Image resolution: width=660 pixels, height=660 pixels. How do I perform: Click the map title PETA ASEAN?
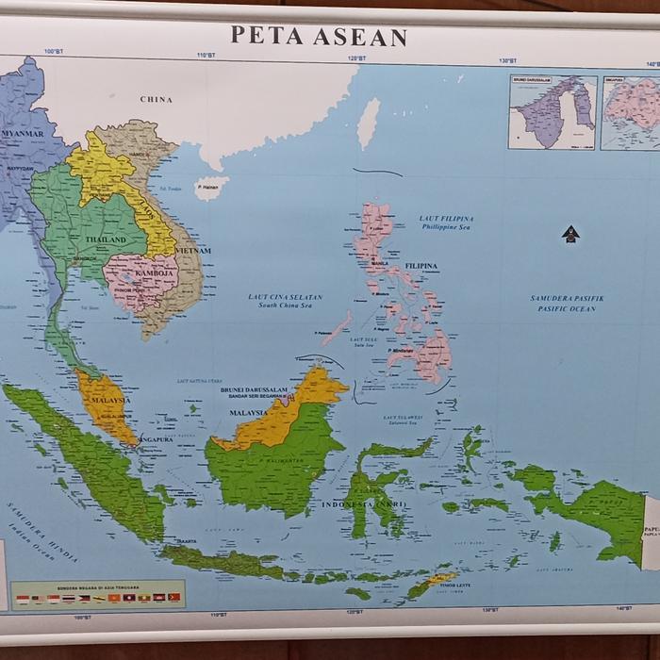coord(319,38)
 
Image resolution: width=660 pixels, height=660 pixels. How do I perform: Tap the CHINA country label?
coord(157,99)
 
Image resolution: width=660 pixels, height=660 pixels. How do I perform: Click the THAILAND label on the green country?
coord(105,240)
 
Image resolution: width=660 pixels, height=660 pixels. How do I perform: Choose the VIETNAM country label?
coord(191,251)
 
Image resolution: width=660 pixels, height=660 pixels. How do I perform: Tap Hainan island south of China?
coord(210,187)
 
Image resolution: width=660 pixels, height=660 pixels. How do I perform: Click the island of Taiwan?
coord(369,124)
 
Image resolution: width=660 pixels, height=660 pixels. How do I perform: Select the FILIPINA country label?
coord(421,267)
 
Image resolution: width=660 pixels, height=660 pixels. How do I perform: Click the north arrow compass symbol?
coord(569,233)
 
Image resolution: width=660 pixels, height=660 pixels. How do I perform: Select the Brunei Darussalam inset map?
coord(553,112)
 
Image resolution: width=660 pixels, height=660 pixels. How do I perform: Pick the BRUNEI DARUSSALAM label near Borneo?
coord(253,389)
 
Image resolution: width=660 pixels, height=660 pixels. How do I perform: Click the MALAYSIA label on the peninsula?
coord(109,401)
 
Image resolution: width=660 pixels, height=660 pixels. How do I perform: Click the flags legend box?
coord(98,594)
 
